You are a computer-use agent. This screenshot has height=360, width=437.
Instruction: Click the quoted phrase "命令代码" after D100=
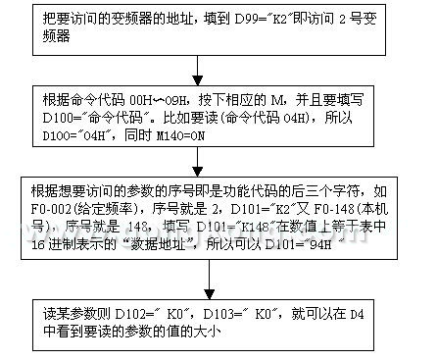click(97, 115)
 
